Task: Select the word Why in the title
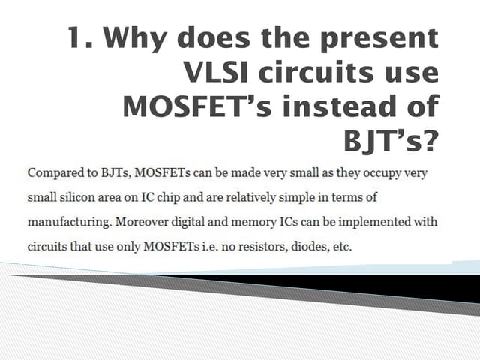pyautogui.click(x=140, y=38)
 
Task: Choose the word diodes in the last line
pyautogui.click(x=312, y=247)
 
